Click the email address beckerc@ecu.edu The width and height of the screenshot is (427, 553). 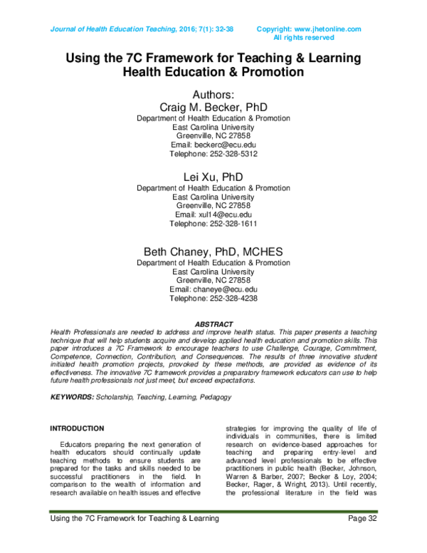coord(227,144)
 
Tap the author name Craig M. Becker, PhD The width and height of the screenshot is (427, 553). coord(213,106)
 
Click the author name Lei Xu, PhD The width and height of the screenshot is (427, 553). coord(213,176)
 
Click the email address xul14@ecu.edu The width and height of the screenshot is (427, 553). coord(226,215)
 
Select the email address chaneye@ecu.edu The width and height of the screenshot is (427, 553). coord(227,289)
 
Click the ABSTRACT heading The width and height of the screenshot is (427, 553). coord(213,324)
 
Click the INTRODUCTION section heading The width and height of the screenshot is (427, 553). coord(76,428)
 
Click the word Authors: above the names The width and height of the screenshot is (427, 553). coord(213,93)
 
